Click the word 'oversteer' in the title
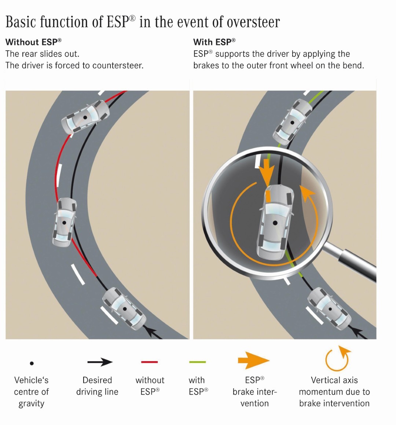[253, 23]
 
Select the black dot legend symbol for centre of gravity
[32, 363]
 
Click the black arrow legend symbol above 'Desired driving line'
[100, 362]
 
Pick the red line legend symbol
[150, 362]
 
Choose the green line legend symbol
[197, 362]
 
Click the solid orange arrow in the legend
[253, 361]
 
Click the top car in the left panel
[85, 117]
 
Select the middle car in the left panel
[65, 222]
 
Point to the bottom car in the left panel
[124, 309]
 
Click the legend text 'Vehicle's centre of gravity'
[32, 392]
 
